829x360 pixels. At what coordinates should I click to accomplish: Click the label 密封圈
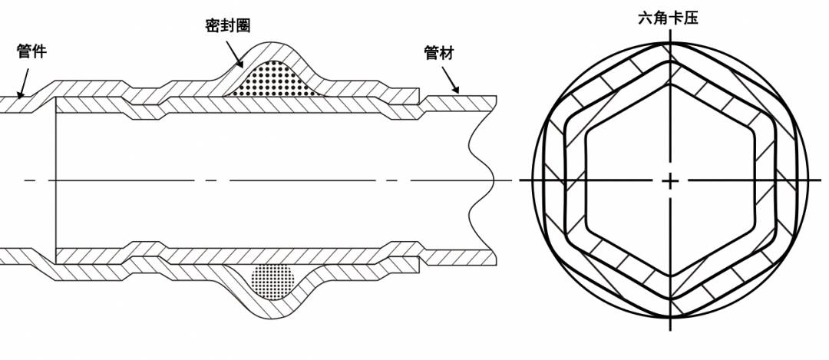(x=227, y=26)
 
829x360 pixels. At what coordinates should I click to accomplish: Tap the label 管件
(x=31, y=51)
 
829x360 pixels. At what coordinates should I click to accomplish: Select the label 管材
(x=439, y=52)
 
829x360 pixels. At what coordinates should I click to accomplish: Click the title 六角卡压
(x=669, y=18)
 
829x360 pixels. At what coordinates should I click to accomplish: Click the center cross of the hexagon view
(x=670, y=181)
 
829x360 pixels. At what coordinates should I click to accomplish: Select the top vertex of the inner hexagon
(x=670, y=84)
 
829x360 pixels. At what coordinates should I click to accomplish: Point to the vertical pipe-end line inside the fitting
(x=55, y=180)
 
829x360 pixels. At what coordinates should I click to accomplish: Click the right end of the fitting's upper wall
(x=419, y=94)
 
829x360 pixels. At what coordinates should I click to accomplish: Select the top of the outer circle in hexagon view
(x=670, y=43)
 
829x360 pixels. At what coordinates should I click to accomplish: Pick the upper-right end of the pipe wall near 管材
(x=496, y=96)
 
